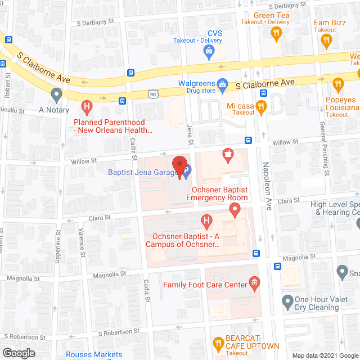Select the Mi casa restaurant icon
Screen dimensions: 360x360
click(260, 106)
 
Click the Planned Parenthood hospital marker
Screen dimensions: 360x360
click(87, 105)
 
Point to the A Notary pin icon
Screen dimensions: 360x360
click(56, 94)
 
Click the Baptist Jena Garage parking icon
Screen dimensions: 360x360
click(187, 168)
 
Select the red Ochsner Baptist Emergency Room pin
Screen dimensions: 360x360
click(235, 210)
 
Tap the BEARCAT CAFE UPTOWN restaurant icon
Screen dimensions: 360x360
click(218, 343)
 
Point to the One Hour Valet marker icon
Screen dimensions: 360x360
click(287, 300)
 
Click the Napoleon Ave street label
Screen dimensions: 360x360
click(267, 179)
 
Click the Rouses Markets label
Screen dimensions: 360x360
click(94, 354)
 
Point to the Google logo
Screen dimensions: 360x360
click(18, 353)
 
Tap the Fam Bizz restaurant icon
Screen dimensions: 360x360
click(325, 40)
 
